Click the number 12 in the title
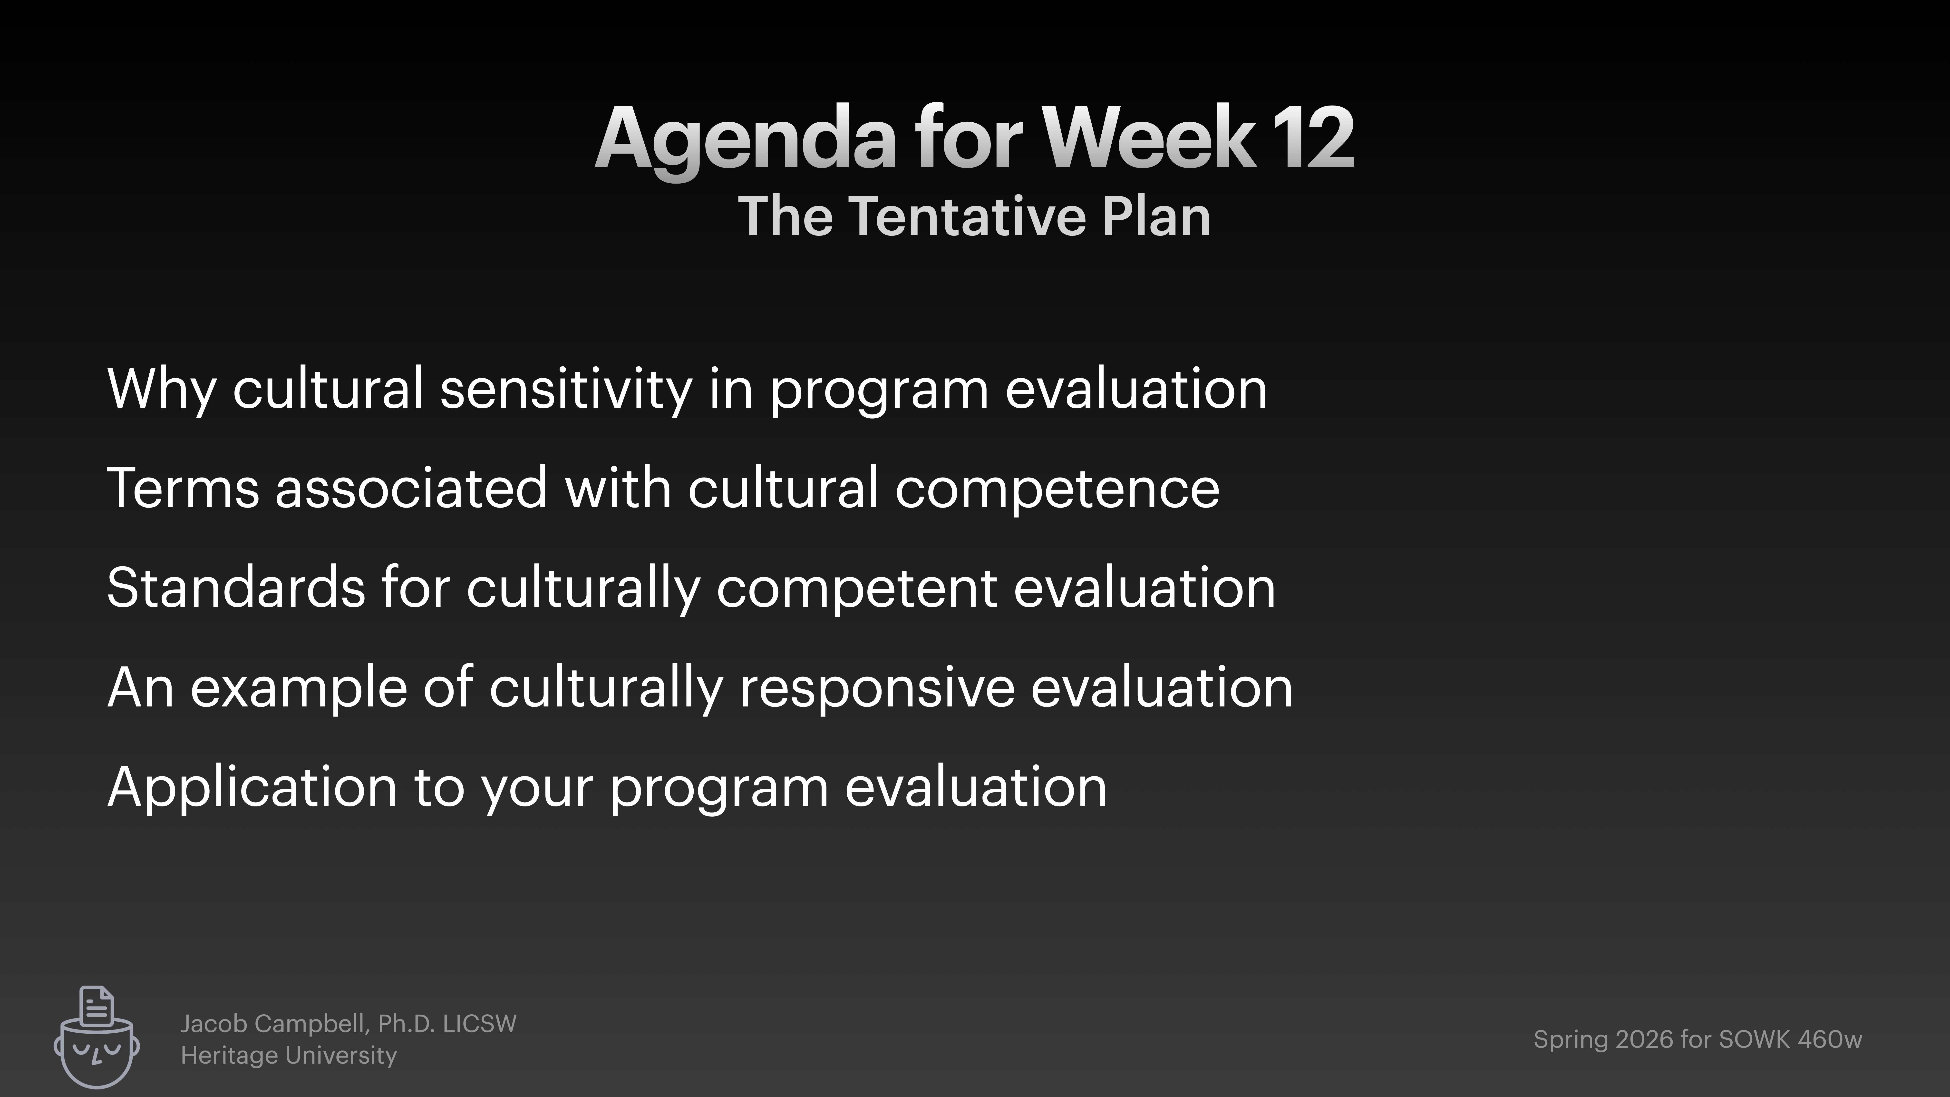(1313, 138)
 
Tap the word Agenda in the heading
(746, 140)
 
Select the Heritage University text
(288, 1055)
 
